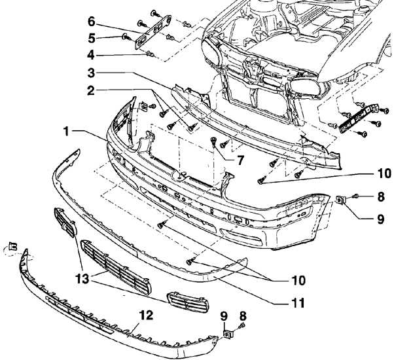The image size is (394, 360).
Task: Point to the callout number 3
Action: pos(92,72)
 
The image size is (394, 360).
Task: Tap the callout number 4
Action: pos(92,54)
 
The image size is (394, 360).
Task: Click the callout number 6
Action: pos(92,21)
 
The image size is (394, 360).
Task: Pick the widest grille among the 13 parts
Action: pos(116,267)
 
